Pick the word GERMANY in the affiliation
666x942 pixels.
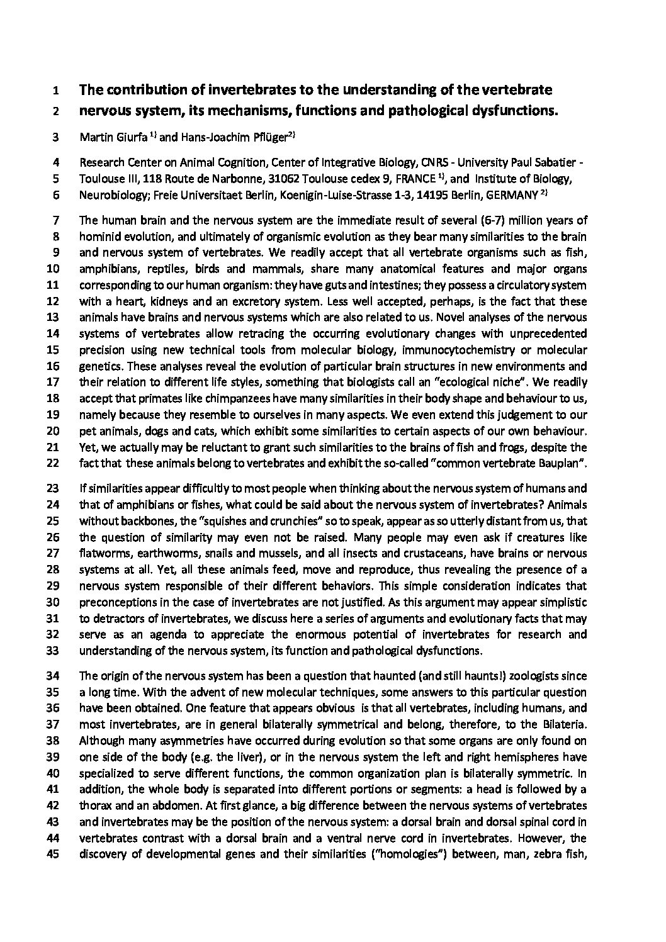(509, 195)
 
